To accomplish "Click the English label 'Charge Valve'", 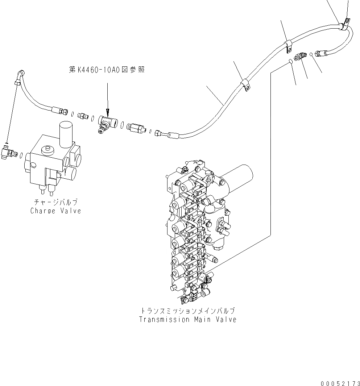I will click(x=55, y=211).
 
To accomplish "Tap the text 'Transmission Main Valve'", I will click(x=187, y=320).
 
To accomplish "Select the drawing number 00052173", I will click(x=339, y=382).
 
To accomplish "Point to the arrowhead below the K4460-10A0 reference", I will click(x=107, y=111).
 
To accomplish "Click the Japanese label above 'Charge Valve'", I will click(x=55, y=203).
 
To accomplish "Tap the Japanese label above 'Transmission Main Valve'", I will click(x=187, y=311).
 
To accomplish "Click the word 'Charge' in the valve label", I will click(x=43, y=211).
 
